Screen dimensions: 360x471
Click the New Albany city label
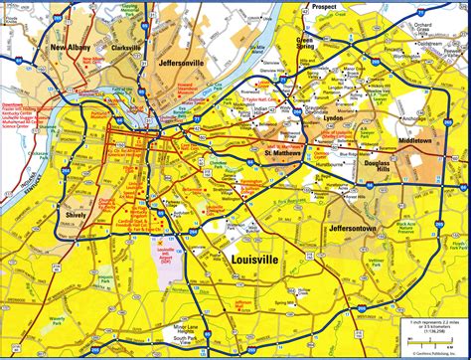coord(72,47)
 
